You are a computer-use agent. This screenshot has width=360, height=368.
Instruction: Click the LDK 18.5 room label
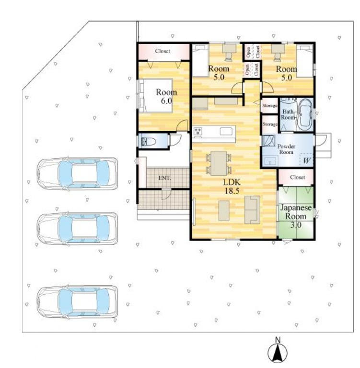pyautogui.click(x=232, y=186)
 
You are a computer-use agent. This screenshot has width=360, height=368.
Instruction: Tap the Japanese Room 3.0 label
pyautogui.click(x=296, y=216)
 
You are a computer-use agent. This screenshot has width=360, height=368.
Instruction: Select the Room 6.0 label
pyautogui.click(x=166, y=97)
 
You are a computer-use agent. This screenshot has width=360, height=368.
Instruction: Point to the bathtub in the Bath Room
pyautogui.click(x=305, y=115)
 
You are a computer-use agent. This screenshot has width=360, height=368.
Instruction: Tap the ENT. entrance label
pyautogui.click(x=164, y=178)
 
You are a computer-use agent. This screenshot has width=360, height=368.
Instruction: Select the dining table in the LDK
pyautogui.click(x=219, y=163)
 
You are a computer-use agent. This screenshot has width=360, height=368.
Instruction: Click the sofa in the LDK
pyautogui.click(x=252, y=210)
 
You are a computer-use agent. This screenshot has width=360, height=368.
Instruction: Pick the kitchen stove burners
pyautogui.click(x=198, y=131)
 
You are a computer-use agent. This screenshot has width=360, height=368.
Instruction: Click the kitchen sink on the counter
pyautogui.click(x=226, y=131)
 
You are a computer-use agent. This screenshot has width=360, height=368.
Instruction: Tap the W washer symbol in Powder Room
pyautogui.click(x=307, y=161)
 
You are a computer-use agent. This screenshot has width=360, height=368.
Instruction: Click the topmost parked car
pyautogui.click(x=77, y=173)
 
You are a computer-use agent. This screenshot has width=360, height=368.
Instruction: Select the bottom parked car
pyautogui.click(x=77, y=302)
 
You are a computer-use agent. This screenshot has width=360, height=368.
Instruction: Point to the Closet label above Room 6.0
pyautogui.click(x=163, y=51)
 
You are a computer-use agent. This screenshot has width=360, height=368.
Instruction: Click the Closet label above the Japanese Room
pyautogui.click(x=298, y=177)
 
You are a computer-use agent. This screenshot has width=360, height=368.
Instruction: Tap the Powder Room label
pyautogui.click(x=286, y=149)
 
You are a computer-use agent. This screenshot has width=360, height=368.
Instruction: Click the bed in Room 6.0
pyautogui.click(x=156, y=96)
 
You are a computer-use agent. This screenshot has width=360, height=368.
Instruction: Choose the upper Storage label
pyautogui.click(x=270, y=106)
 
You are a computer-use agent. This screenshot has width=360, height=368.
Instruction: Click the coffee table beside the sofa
pyautogui.click(x=224, y=211)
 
